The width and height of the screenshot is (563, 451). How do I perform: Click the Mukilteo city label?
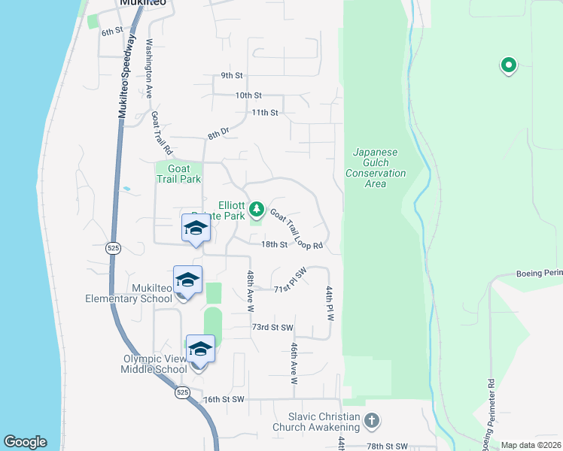coord(143,3)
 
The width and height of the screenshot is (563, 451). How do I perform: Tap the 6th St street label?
coord(112,32)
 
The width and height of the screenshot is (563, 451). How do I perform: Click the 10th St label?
coord(248,95)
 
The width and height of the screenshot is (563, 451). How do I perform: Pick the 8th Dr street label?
coord(218,134)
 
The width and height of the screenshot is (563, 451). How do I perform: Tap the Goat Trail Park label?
coord(178,174)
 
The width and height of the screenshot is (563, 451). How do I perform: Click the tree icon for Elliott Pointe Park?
coord(257,207)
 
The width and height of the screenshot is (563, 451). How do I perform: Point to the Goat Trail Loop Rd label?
coord(297,230)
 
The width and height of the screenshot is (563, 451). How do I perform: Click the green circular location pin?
coord(508,66)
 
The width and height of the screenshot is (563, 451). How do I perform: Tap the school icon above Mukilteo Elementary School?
coord(187,280)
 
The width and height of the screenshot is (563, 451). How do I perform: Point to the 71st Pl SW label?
coord(291,283)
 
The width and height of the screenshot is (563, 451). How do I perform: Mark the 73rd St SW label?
coord(272,328)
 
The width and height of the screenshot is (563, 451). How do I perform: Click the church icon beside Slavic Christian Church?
coord(371,422)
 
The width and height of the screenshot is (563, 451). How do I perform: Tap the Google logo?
coord(26,442)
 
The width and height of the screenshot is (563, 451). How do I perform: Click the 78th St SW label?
coord(386,446)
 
